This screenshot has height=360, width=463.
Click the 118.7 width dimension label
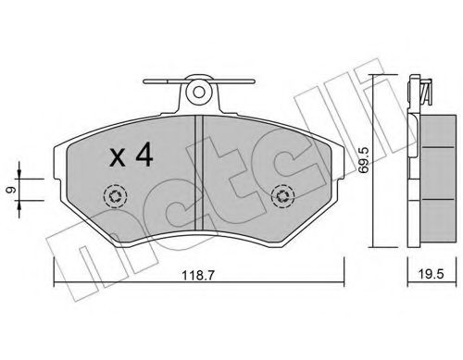click(198, 275)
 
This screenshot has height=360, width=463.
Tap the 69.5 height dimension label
click(364, 160)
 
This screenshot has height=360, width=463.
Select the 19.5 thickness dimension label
click(431, 274)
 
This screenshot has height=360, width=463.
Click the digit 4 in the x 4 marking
click(144, 155)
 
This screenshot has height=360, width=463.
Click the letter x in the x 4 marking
click(118, 158)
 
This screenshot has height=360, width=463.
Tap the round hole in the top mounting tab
click(199, 92)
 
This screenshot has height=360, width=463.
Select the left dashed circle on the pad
click(116, 196)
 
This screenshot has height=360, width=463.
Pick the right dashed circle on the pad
click(282, 196)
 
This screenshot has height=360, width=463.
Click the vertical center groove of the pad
click(198, 172)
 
